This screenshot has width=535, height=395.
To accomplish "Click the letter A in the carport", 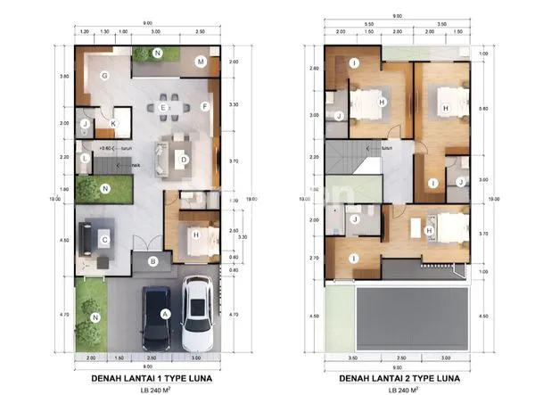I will tap(164, 313).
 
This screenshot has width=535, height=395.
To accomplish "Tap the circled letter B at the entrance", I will tap(153, 261).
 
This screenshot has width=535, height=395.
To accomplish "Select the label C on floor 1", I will tap(104, 239).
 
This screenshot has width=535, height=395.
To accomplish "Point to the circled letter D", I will tap(183, 160).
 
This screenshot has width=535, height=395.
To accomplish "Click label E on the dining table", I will tap(162, 107).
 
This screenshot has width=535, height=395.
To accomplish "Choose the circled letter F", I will tap(204, 107).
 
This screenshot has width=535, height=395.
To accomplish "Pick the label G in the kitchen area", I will tap(104, 77).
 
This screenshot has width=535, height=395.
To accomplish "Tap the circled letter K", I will tap(112, 124).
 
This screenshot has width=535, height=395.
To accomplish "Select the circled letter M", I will tap(202, 62).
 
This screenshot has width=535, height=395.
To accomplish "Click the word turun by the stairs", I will tap(126, 149).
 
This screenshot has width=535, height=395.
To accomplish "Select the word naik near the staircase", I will tap(136, 165).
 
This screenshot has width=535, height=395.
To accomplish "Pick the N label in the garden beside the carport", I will tap(95, 317).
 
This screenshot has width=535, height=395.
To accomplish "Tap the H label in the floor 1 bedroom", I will tap(195, 235).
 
